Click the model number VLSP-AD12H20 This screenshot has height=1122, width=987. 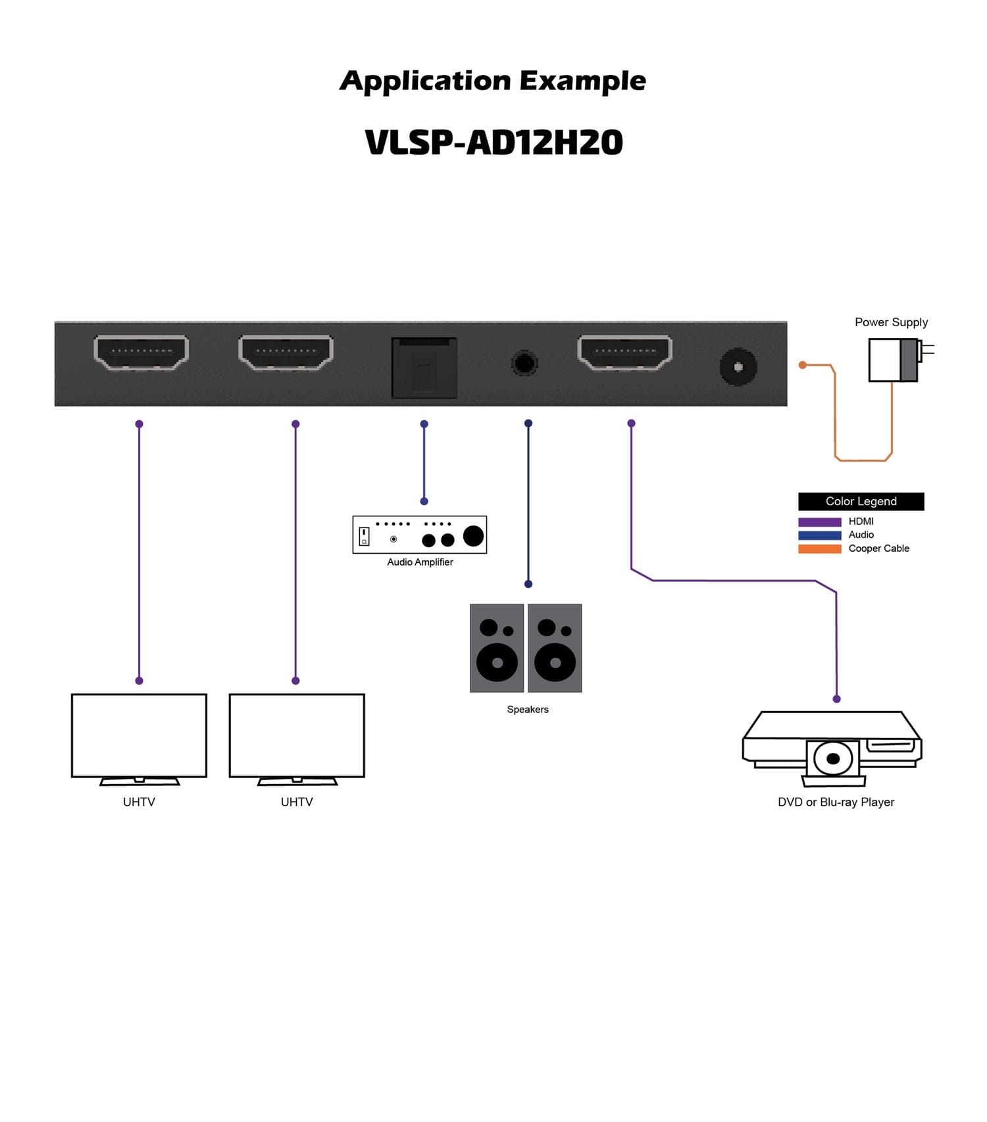493,143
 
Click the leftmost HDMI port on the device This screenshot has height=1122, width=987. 141,352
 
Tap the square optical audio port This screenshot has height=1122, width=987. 424,368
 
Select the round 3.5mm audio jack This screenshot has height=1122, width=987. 524,363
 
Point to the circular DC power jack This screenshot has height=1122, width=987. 738,367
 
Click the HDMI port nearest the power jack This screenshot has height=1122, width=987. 624,352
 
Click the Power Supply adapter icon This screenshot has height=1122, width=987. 894,360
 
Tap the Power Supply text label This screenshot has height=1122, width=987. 891,322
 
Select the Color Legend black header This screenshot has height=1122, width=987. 861,501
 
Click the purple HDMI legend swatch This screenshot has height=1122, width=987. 819,522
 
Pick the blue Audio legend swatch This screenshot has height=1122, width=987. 819,535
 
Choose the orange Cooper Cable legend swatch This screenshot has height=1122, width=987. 819,549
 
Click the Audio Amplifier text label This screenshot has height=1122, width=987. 420,562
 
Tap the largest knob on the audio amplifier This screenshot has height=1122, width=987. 473,536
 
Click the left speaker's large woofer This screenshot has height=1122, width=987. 497,663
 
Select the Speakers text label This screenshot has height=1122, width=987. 527,710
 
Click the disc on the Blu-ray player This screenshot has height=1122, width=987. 833,759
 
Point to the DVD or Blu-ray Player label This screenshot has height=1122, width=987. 836,802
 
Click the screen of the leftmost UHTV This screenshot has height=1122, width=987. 139,735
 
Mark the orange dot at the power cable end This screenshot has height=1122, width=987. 802,365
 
